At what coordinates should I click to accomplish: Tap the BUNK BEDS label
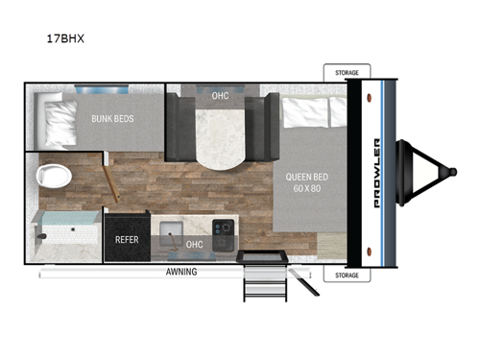pyautogui.click(x=112, y=120)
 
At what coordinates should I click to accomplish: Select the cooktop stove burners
pyautogui.click(x=224, y=230)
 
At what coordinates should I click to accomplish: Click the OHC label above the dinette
pyautogui.click(x=219, y=95)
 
